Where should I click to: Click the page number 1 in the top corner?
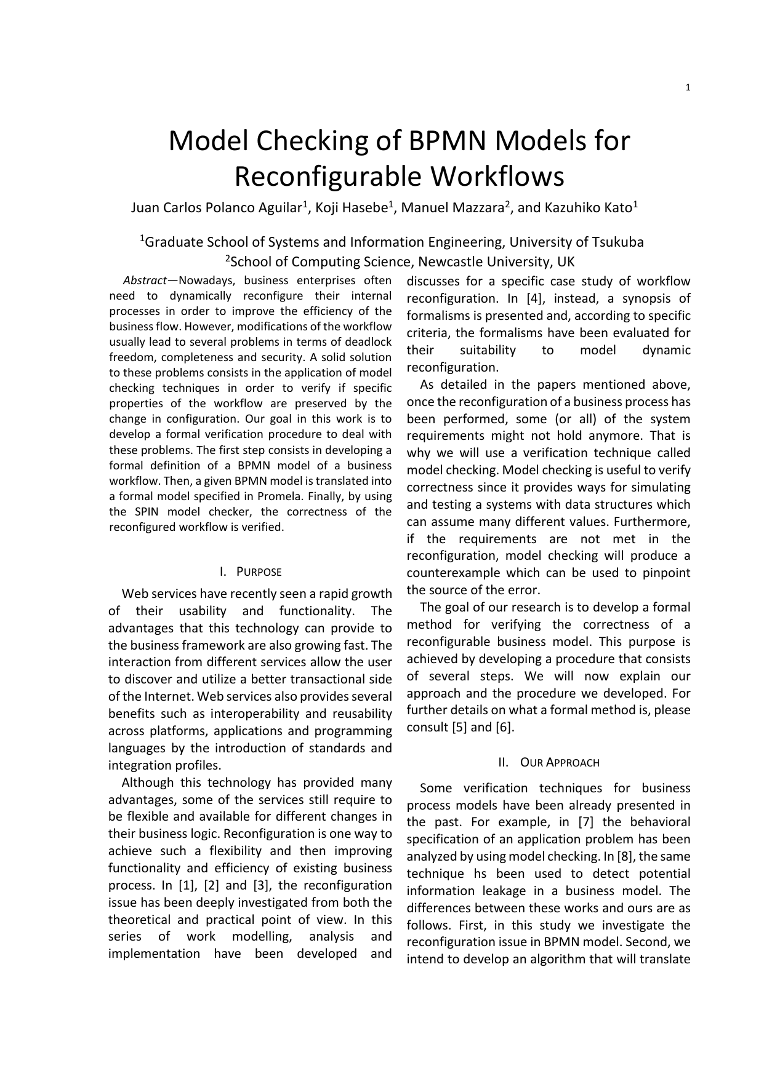(x=688, y=88)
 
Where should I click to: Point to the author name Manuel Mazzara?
(x=452, y=208)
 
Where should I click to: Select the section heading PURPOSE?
(x=259, y=572)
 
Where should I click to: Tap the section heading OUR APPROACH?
(x=560, y=763)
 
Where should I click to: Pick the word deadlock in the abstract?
(x=371, y=342)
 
